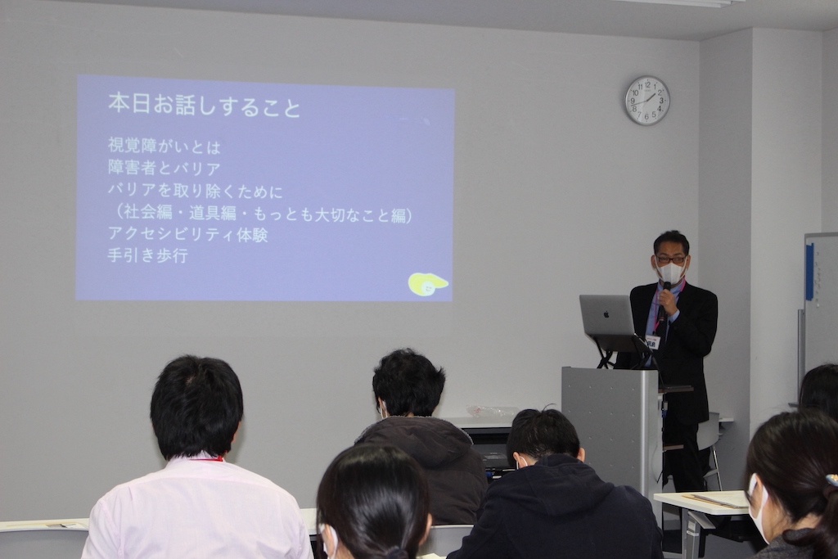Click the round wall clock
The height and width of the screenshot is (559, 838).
[647, 101]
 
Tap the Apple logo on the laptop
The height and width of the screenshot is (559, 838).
[606, 315]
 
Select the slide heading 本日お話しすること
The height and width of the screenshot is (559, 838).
[205, 105]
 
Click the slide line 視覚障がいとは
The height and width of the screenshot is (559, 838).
[164, 146]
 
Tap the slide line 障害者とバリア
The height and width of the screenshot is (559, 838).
[164, 168]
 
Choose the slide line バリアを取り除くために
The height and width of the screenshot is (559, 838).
[195, 190]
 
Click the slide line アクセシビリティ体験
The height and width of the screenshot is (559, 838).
[187, 234]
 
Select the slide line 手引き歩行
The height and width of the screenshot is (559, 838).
[147, 255]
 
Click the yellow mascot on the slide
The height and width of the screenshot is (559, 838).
[428, 284]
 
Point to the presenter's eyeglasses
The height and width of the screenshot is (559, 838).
[670, 259]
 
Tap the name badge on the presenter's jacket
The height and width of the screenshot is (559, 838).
[653, 342]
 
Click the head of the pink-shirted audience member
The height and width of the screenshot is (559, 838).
[196, 406]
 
